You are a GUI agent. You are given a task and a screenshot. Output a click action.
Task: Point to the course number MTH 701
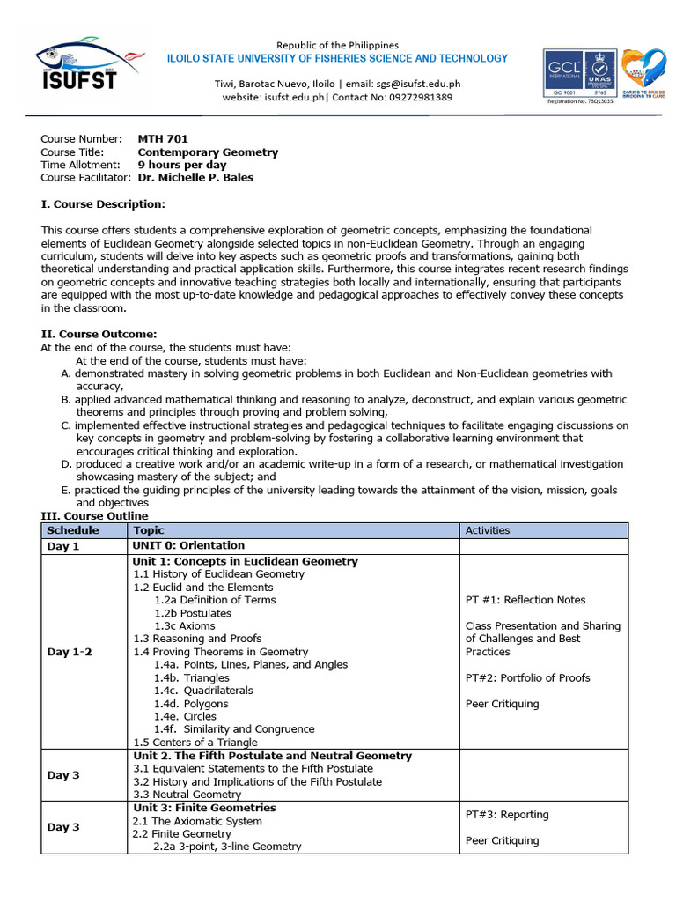(x=163, y=138)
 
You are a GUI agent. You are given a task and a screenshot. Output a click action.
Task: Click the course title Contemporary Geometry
(x=208, y=152)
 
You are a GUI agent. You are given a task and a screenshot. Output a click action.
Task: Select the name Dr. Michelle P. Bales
(x=195, y=177)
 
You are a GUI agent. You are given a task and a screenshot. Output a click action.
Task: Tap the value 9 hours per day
(x=182, y=165)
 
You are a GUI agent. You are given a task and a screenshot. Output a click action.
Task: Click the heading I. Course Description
(x=103, y=204)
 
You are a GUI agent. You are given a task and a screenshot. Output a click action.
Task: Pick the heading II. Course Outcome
(x=99, y=334)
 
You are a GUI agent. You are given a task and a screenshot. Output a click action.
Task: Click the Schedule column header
(x=73, y=530)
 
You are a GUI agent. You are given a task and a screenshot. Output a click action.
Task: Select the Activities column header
(x=487, y=530)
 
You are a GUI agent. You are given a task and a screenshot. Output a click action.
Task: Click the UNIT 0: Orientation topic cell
(x=188, y=546)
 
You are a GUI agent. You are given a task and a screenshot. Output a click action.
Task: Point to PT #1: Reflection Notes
(x=525, y=600)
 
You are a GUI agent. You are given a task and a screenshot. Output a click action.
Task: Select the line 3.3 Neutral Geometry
(x=187, y=794)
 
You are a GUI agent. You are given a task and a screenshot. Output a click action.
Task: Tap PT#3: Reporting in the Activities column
(x=506, y=815)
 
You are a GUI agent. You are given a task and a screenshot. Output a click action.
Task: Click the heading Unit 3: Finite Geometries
(x=203, y=808)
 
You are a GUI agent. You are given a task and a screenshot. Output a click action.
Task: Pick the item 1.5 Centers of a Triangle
(x=196, y=742)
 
